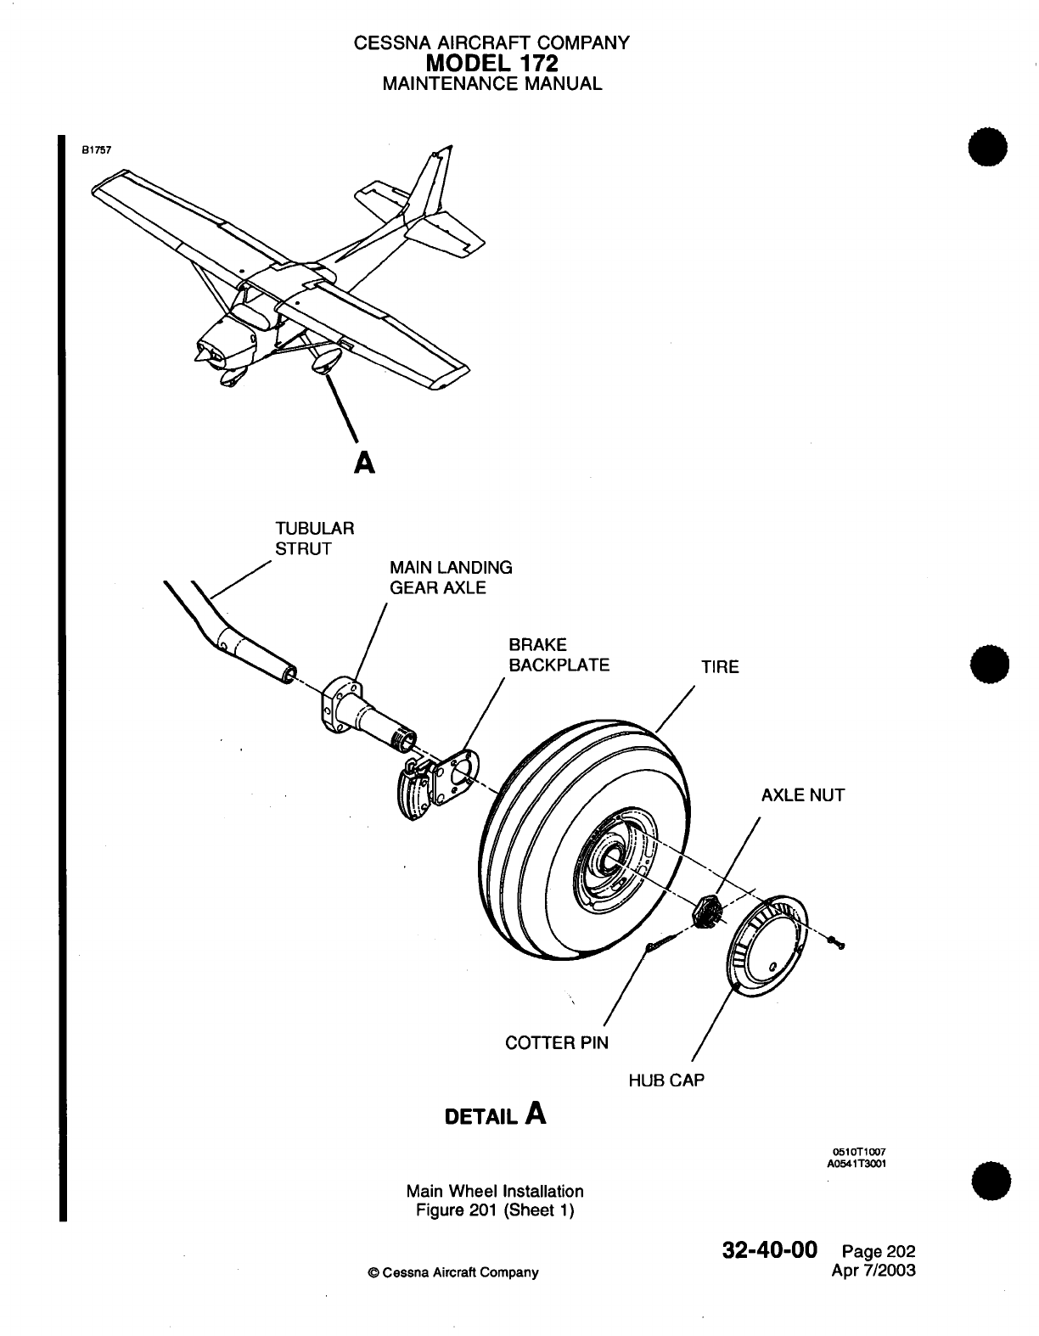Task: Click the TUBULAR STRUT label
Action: pos(314,538)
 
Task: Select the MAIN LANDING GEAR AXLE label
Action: pos(450,577)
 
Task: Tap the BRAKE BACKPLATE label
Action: pos(558,654)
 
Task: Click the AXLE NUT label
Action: pos(802,795)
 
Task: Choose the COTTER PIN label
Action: pos(556,1042)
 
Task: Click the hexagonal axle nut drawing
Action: pos(706,912)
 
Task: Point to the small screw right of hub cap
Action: pos(839,942)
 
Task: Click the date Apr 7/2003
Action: pos(877,1271)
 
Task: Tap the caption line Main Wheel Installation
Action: pos(495,1191)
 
